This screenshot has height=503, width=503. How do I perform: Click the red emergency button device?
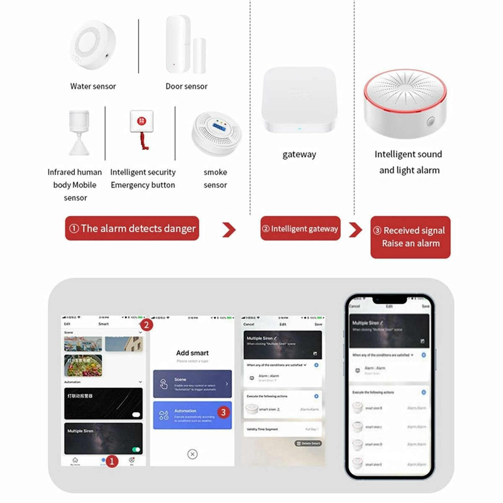[x=142, y=126]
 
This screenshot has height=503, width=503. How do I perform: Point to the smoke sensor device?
[x=215, y=134]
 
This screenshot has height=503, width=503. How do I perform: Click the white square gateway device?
[x=299, y=99]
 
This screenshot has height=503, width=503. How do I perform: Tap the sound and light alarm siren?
[x=405, y=104]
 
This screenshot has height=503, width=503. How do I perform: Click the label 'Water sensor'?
[x=93, y=86]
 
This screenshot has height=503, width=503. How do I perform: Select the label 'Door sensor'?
[x=187, y=86]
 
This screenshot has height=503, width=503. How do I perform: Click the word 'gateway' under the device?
[x=299, y=154]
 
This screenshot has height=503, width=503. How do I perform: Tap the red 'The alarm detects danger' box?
[x=132, y=228]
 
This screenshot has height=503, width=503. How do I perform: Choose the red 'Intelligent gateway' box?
[x=300, y=228]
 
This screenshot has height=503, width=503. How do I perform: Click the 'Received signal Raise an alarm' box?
[x=410, y=237]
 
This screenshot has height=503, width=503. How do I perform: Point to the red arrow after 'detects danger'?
[x=229, y=230]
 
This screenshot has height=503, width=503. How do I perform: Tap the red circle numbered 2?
[x=146, y=325]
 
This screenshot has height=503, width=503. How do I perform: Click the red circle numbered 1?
[x=111, y=462]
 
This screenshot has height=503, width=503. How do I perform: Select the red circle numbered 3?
[x=223, y=412]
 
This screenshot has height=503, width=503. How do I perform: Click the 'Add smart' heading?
[x=192, y=353]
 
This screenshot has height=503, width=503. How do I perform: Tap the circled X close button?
[x=192, y=454]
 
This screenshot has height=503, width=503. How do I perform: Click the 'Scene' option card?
[x=192, y=384]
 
